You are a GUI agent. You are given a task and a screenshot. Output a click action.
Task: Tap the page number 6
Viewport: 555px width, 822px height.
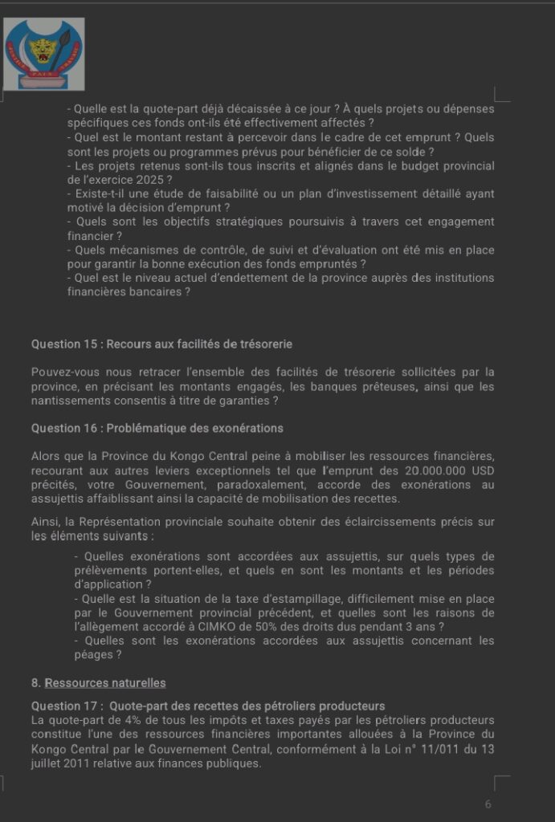(x=488, y=804)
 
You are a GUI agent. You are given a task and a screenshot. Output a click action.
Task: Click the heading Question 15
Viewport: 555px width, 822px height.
(x=161, y=344)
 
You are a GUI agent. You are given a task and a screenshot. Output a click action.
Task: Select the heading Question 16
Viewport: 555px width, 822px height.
(x=157, y=428)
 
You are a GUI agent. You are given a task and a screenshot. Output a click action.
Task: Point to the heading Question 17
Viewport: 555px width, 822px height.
(x=208, y=706)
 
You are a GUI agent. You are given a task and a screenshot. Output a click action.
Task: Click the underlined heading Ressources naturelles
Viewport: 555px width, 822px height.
(x=105, y=683)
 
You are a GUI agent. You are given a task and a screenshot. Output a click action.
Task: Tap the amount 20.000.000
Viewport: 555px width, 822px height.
(x=431, y=470)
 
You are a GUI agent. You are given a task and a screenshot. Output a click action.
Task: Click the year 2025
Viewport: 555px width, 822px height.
(x=144, y=180)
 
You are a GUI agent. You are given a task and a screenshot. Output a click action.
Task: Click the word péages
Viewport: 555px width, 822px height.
(x=88, y=654)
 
